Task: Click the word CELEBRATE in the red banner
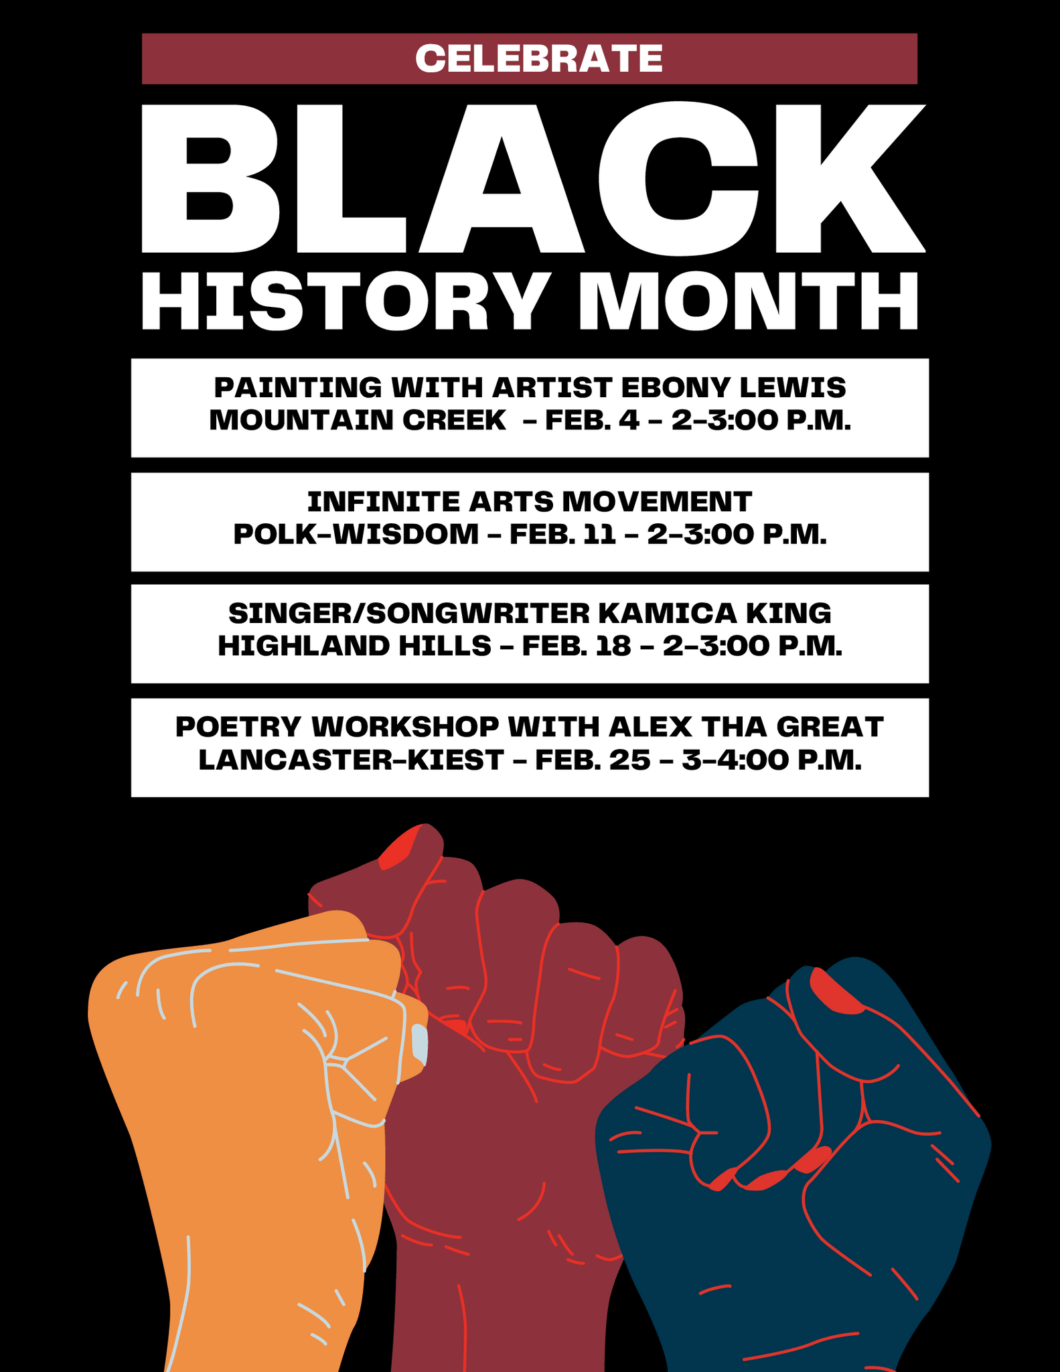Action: coord(538,59)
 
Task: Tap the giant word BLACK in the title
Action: coord(532,179)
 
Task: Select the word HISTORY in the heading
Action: coord(342,301)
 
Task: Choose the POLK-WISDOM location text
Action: coord(356,534)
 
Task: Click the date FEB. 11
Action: coord(562,534)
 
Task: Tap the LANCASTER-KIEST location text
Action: coord(351,760)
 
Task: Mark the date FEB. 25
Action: coord(593,760)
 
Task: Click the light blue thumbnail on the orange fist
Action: coord(419,1043)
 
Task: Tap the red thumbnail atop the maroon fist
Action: coord(400,849)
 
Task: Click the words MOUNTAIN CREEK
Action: coord(358,420)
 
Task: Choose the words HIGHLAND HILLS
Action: coord(355,646)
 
